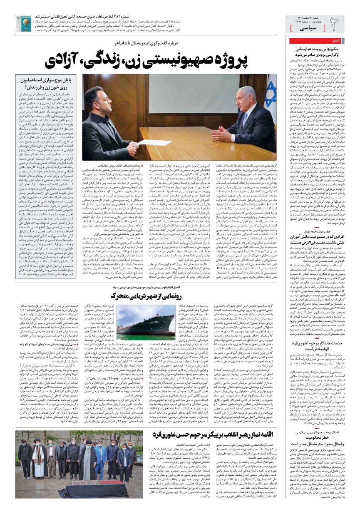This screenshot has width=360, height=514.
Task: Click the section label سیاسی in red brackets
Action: point(308,27)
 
